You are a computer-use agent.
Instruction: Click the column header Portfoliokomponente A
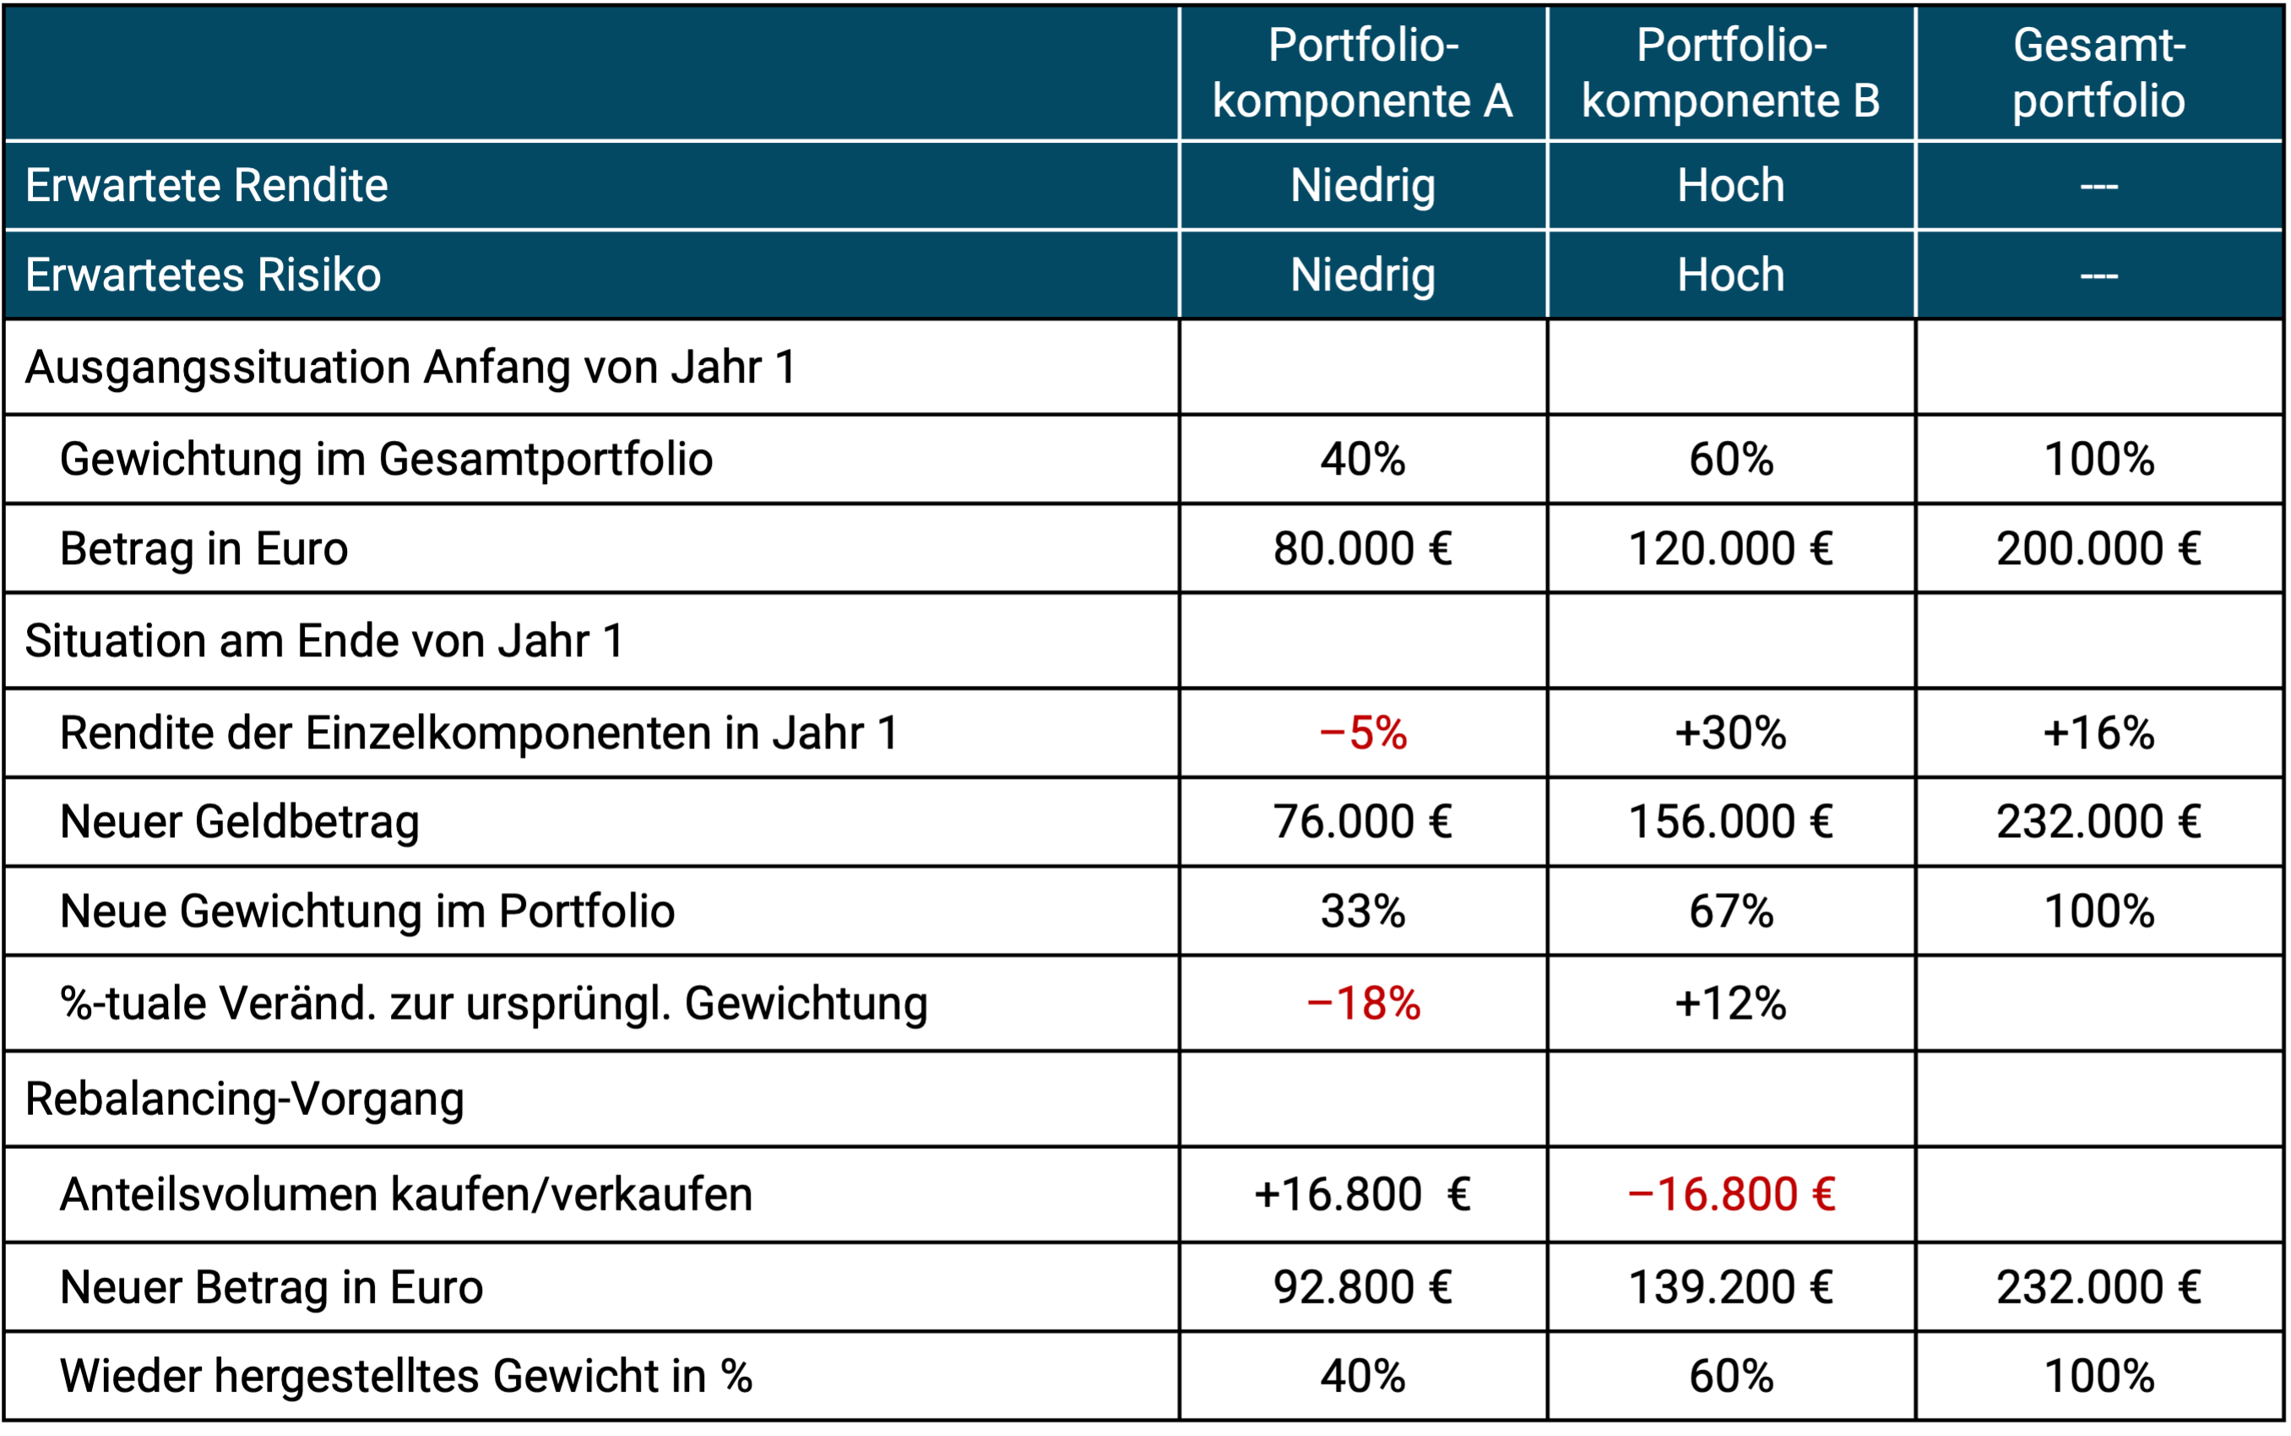coord(1362,73)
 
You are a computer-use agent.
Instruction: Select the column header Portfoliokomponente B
coord(1731,73)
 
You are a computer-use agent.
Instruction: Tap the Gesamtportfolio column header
coord(2098,73)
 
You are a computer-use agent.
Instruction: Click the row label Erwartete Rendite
coord(206,185)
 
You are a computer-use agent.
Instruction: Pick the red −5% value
coord(1362,733)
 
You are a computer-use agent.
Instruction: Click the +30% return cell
coord(1731,733)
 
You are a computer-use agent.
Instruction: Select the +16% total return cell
coord(2098,733)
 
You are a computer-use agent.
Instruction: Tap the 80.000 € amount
coord(1362,549)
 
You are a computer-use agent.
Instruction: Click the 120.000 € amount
coord(1731,549)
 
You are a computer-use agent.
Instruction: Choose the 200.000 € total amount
coord(2098,549)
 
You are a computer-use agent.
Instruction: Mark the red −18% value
coord(1362,1003)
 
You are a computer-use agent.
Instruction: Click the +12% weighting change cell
coord(1731,1003)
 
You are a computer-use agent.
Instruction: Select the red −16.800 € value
coord(1731,1194)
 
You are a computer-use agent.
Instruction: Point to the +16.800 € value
coord(1362,1194)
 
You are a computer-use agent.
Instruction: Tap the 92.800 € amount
coord(1362,1286)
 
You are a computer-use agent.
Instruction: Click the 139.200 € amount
coord(1731,1286)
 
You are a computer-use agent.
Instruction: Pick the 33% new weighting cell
coord(1362,911)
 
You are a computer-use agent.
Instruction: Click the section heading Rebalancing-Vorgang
coord(244,1099)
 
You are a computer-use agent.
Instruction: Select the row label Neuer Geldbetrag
coord(239,822)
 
